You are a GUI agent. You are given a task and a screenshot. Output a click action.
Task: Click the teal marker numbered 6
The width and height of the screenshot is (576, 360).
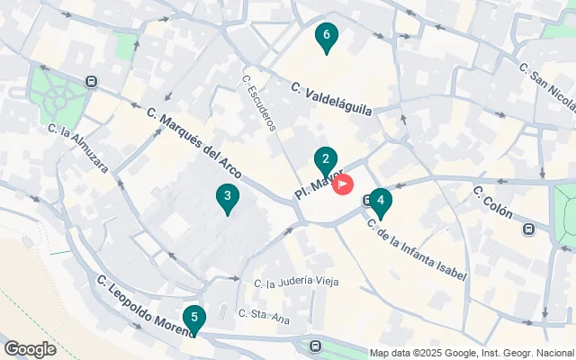pos(326,37)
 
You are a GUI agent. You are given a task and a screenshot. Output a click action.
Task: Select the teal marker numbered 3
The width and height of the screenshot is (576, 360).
pos(228,197)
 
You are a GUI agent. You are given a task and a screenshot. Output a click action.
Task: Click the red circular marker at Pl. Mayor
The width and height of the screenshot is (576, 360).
pos(343,184)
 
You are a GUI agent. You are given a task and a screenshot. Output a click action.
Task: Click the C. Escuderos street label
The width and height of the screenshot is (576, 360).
pos(258,102)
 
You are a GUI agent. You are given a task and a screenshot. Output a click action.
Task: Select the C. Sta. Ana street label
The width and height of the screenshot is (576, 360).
pos(264,314)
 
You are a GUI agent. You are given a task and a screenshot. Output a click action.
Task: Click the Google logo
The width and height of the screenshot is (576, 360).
pos(30,349)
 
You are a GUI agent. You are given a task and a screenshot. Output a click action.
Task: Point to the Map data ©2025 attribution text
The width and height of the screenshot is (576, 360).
pos(472,353)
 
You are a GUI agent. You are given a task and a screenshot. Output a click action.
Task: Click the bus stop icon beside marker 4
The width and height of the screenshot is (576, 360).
pos(368,200)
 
